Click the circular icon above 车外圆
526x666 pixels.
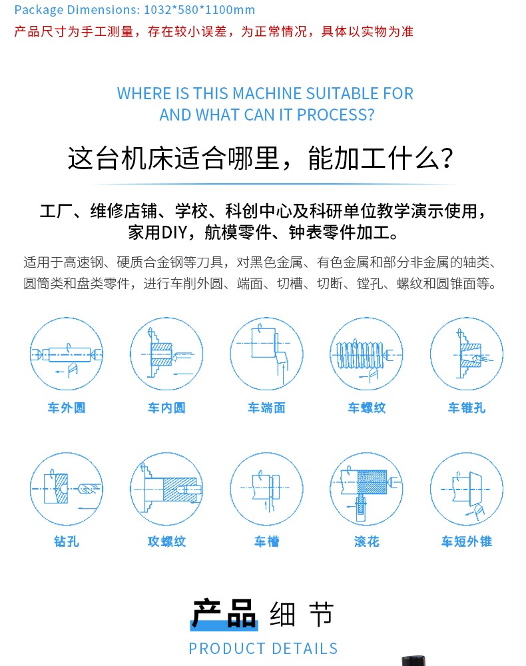pyautogui.click(x=66, y=354)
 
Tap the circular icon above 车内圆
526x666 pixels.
pyautogui.click(x=166, y=354)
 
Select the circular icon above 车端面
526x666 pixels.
pyautogui.click(x=266, y=354)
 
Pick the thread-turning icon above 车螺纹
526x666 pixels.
pyautogui.click(x=366, y=354)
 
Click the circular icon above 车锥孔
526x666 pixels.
pyautogui.click(x=467, y=354)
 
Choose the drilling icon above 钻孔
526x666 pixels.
pyautogui.click(x=66, y=488)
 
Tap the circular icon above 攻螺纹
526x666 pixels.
pyautogui.click(x=166, y=488)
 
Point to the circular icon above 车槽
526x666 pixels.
pyautogui.click(x=266, y=488)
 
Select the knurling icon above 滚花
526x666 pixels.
pyautogui.click(x=366, y=488)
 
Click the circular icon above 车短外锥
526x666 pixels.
pyautogui.click(x=467, y=488)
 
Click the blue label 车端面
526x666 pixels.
pyautogui.click(x=266, y=408)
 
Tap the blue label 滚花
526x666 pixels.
pyautogui.click(x=367, y=541)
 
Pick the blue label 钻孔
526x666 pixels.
pyautogui.click(x=67, y=541)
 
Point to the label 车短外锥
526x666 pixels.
pyautogui.click(x=467, y=541)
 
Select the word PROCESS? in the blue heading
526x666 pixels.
pyautogui.click(x=336, y=115)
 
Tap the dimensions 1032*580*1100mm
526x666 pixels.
pyautogui.click(x=200, y=9)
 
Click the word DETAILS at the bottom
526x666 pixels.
pyautogui.click(x=305, y=649)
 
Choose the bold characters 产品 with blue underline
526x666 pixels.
pyautogui.click(x=224, y=614)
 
